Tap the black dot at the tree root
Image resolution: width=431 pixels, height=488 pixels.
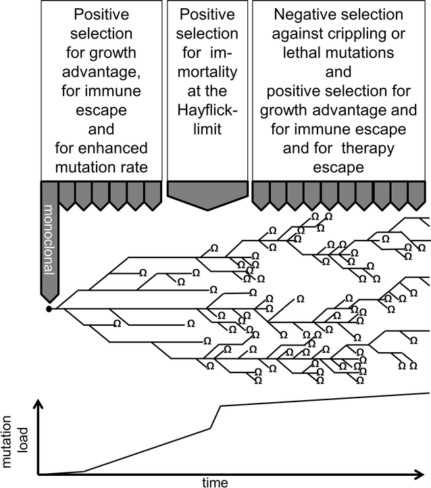[x=49, y=309]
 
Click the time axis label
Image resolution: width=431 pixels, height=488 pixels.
[x=218, y=481]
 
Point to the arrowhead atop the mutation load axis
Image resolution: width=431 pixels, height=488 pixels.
[x=39, y=403]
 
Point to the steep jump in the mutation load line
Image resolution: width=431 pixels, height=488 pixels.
[x=215, y=416]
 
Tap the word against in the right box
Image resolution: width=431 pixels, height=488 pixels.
[x=311, y=34]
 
